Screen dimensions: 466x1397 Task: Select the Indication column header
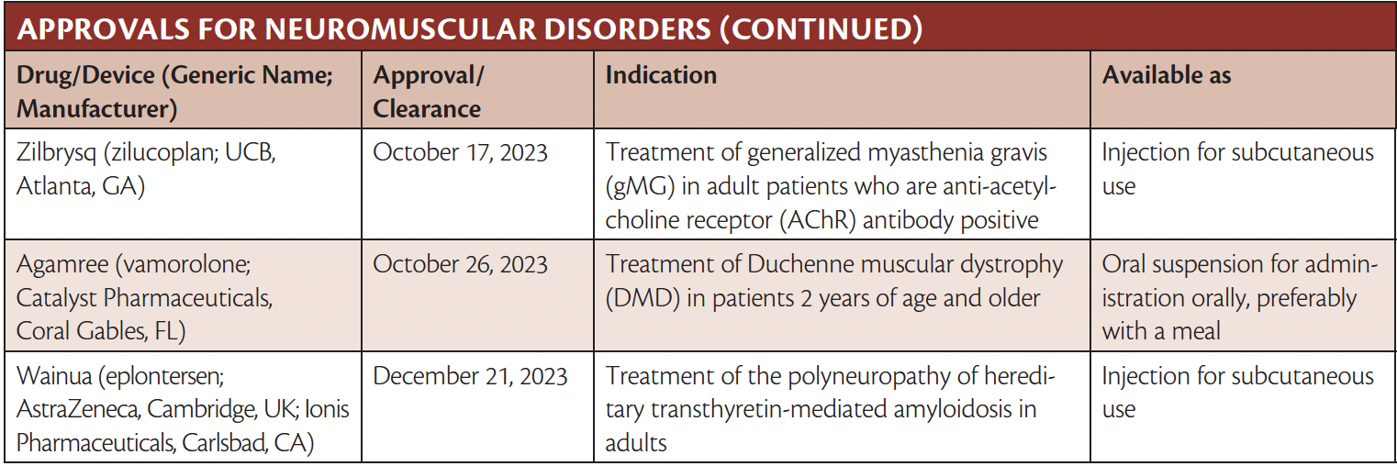(x=661, y=75)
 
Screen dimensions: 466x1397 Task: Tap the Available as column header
(x=1167, y=75)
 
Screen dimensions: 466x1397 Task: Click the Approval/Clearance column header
(x=428, y=92)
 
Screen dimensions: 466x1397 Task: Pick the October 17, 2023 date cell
(x=460, y=152)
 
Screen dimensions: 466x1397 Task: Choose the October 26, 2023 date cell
(x=460, y=265)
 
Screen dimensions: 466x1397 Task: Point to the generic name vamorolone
(x=184, y=265)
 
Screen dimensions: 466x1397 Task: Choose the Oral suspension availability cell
(x=1239, y=298)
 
